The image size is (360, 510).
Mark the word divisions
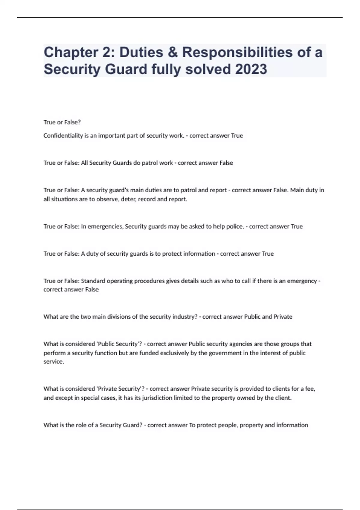click(x=115, y=317)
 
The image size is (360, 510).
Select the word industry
click(x=184, y=317)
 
